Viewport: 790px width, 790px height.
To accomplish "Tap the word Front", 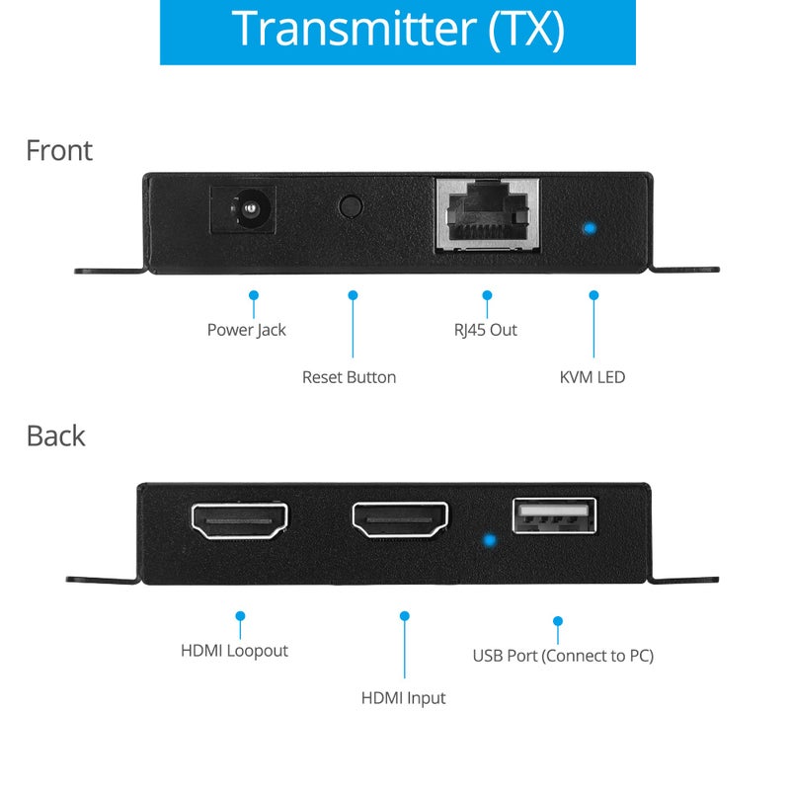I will [59, 150].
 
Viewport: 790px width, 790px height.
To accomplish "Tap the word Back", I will [55, 435].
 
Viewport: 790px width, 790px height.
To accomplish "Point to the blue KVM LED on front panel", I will [590, 229].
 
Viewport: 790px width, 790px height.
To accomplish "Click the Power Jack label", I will [246, 330].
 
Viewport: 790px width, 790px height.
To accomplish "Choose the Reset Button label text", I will [349, 377].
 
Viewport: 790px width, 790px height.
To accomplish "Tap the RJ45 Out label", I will [486, 330].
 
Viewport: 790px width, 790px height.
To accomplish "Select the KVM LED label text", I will [592, 377].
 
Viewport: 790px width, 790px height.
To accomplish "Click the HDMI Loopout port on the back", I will [239, 521].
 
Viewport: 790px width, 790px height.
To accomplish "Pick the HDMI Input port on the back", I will [400, 521].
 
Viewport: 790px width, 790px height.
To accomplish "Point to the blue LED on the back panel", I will [487, 541].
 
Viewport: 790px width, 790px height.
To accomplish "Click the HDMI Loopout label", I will [234, 651].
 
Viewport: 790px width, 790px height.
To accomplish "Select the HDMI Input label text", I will [403, 698].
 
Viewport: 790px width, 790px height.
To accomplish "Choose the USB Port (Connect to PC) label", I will [563, 656].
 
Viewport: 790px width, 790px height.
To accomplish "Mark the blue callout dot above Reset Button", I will [353, 294].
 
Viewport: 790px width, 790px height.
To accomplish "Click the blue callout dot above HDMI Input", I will [404, 616].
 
